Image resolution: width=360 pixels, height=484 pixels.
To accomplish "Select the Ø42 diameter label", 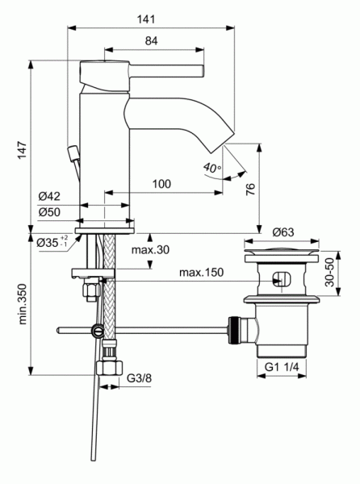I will (x=50, y=196).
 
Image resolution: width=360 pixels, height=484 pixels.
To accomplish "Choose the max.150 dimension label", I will (x=201, y=273).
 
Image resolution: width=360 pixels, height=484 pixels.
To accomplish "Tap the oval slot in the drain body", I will (x=281, y=279).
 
